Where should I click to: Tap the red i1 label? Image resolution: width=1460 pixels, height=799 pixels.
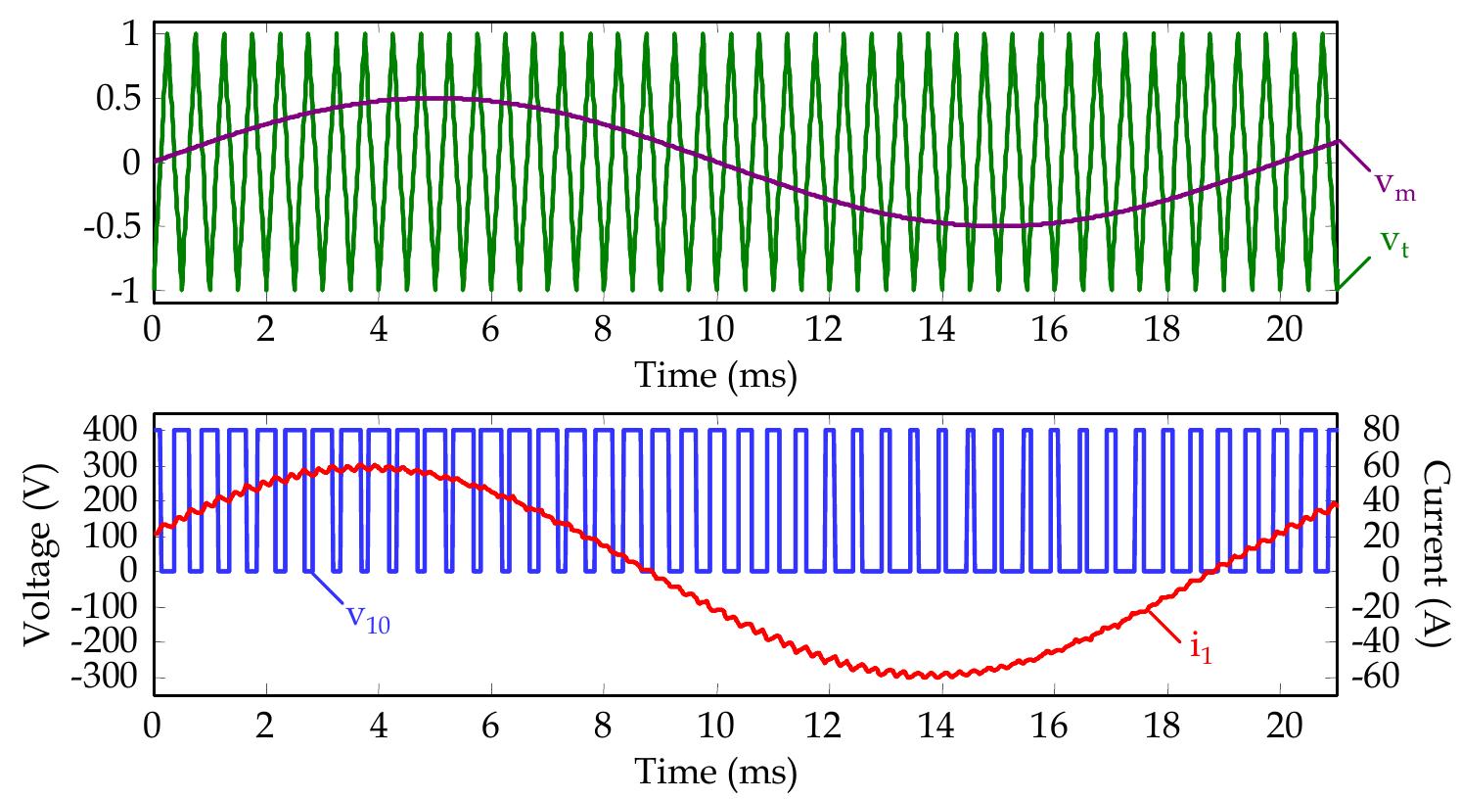pos(1201,649)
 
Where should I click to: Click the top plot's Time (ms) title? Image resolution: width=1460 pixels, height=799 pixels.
pos(716,374)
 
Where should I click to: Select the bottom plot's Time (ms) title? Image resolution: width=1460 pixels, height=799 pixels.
pos(716,772)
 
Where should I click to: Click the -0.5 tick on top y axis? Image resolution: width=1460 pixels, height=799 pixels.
pos(116,226)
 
